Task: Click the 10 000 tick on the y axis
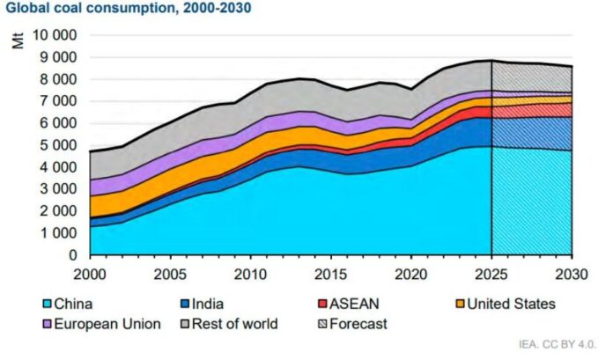click(x=54, y=35)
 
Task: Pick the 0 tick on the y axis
click(x=74, y=255)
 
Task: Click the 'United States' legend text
click(x=511, y=304)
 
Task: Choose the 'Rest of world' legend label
click(x=237, y=323)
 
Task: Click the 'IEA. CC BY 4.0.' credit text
click(x=561, y=344)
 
